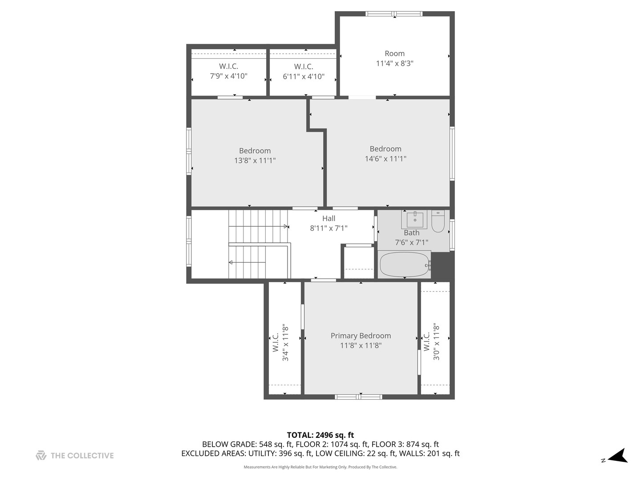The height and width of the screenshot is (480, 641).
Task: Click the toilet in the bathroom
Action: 438,221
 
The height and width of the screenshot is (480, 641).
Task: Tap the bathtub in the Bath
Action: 405,265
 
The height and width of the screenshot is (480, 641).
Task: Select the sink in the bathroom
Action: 415,220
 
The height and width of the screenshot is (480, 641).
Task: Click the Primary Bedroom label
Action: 361,336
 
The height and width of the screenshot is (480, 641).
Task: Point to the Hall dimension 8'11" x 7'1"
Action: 329,228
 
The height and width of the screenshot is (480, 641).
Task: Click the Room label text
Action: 394,53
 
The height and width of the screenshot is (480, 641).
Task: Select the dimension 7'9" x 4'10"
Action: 229,76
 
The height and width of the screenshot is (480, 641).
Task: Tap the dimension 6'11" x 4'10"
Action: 304,76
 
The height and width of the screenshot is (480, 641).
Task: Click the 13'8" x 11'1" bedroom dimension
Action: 255,160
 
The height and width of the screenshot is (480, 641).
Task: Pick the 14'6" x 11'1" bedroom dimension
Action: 385,159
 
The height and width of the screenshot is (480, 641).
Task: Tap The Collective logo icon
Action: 41,456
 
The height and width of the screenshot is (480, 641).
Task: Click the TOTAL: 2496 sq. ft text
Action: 320,435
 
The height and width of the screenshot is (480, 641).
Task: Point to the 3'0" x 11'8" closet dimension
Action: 436,341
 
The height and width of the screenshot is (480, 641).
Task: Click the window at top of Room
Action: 394,14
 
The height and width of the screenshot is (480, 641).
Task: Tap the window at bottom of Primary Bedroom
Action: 358,396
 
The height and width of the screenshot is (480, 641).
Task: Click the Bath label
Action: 411,232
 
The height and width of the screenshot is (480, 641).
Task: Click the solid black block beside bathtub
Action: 443,266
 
